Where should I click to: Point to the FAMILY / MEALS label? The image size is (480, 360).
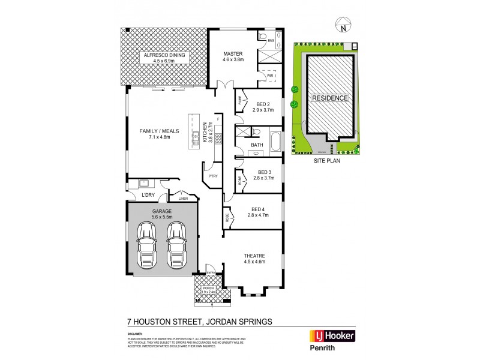155,133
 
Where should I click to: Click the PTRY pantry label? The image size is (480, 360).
212,176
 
